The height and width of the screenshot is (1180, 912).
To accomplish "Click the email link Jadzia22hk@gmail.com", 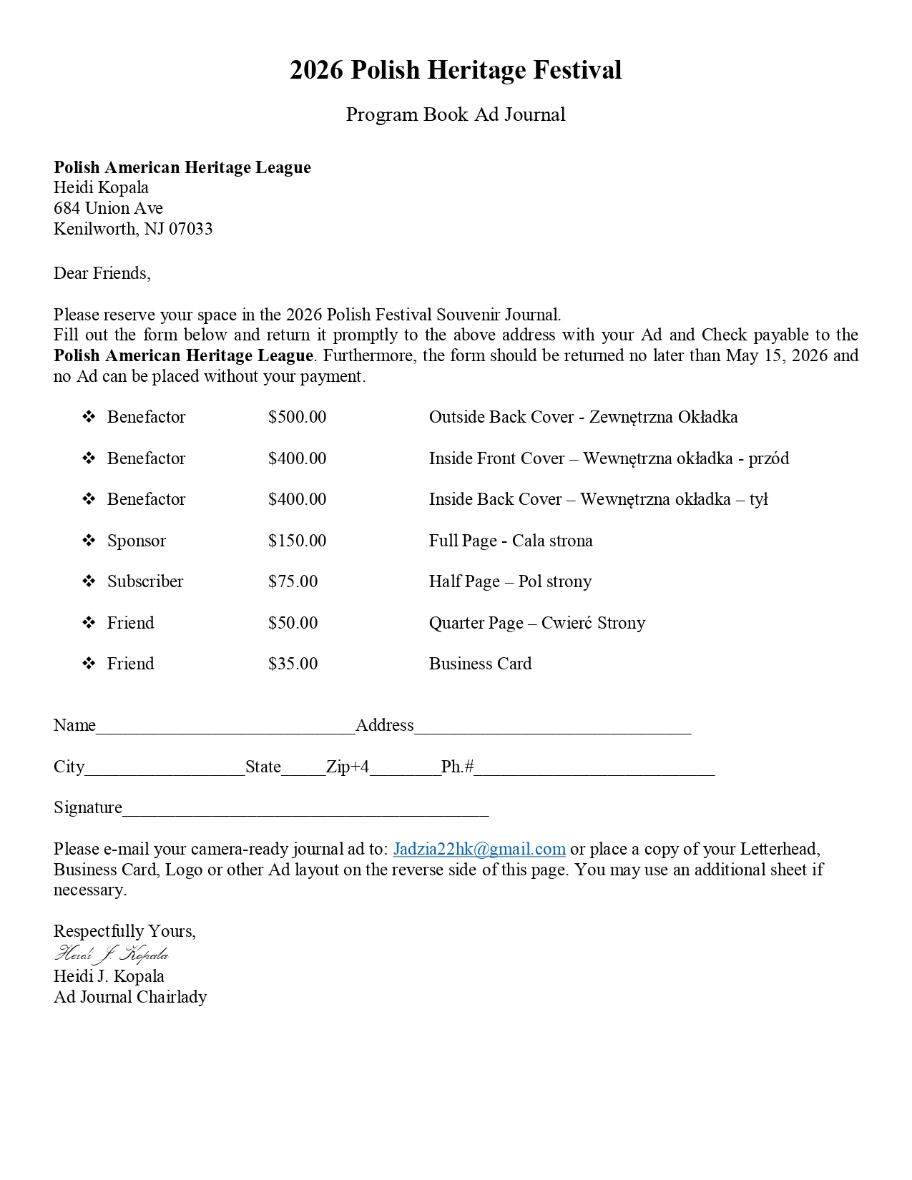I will (479, 849).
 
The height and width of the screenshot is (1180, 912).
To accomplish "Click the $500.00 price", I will (297, 417).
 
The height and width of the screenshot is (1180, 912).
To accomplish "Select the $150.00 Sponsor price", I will (297, 541).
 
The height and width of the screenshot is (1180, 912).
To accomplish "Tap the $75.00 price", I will (293, 581).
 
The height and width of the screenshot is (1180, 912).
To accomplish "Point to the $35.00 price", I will (293, 664).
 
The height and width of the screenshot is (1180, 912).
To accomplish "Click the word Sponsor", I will (137, 541).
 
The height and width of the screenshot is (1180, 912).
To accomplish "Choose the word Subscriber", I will (145, 581).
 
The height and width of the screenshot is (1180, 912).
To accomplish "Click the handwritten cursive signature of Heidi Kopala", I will (112, 954).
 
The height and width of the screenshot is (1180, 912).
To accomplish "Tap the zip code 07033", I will (191, 229).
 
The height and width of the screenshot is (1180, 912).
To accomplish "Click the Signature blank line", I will (305, 812).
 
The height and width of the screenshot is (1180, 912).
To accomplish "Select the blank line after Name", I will (225, 730).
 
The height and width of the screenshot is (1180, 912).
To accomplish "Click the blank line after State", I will (303, 772).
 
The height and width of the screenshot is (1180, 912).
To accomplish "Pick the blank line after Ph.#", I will (594, 772).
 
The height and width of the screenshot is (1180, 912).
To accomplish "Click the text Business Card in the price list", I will (480, 664).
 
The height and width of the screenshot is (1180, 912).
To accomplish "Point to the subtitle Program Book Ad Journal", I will (456, 114).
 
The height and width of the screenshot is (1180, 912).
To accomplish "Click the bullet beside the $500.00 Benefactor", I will (89, 417).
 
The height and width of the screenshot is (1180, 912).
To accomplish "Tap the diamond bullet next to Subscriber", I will (89, 581).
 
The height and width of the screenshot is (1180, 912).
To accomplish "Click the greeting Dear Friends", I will (102, 273).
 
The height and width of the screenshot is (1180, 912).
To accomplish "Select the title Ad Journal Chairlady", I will (130, 997).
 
